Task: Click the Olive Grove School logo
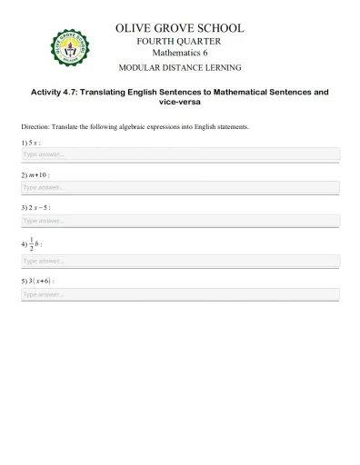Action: click(x=70, y=48)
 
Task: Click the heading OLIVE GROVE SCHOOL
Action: click(x=179, y=28)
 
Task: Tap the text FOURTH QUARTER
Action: click(x=179, y=41)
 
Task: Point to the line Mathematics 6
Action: click(x=179, y=54)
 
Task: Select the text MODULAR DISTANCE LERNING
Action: click(x=179, y=69)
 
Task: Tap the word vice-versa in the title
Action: click(x=179, y=103)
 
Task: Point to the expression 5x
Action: click(x=34, y=143)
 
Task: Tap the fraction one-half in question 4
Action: click(x=32, y=243)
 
